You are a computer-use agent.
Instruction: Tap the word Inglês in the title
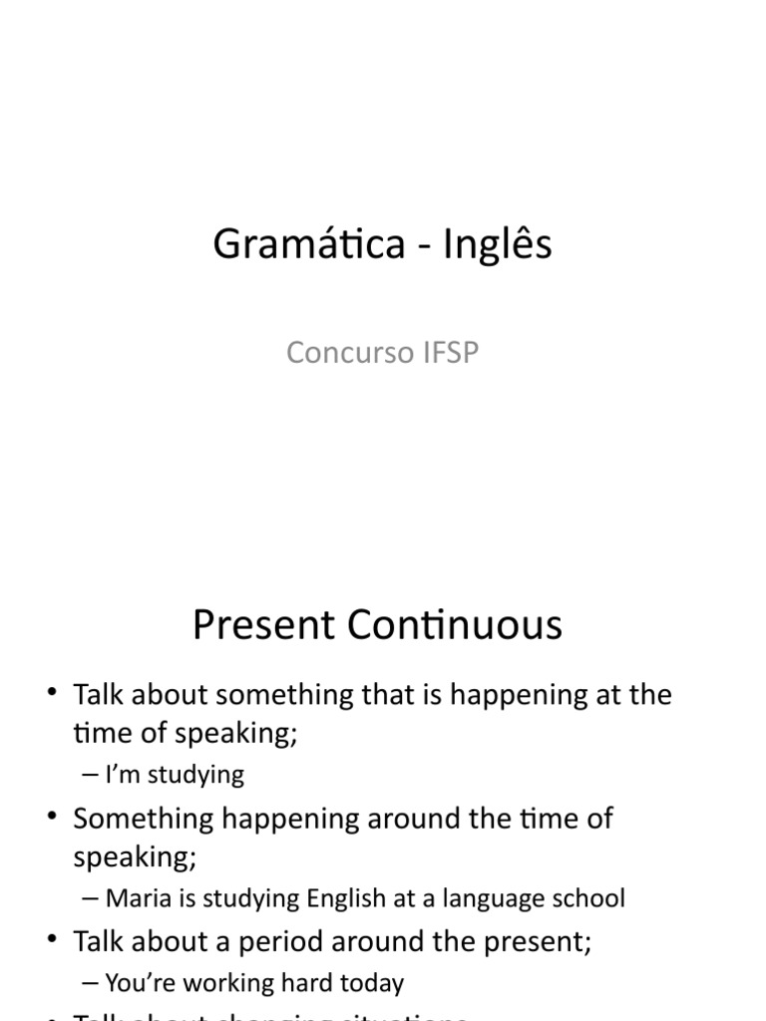tap(497, 245)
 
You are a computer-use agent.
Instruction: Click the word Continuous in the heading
tap(456, 625)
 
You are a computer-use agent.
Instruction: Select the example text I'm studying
tap(175, 775)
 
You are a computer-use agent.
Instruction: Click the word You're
tap(141, 983)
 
